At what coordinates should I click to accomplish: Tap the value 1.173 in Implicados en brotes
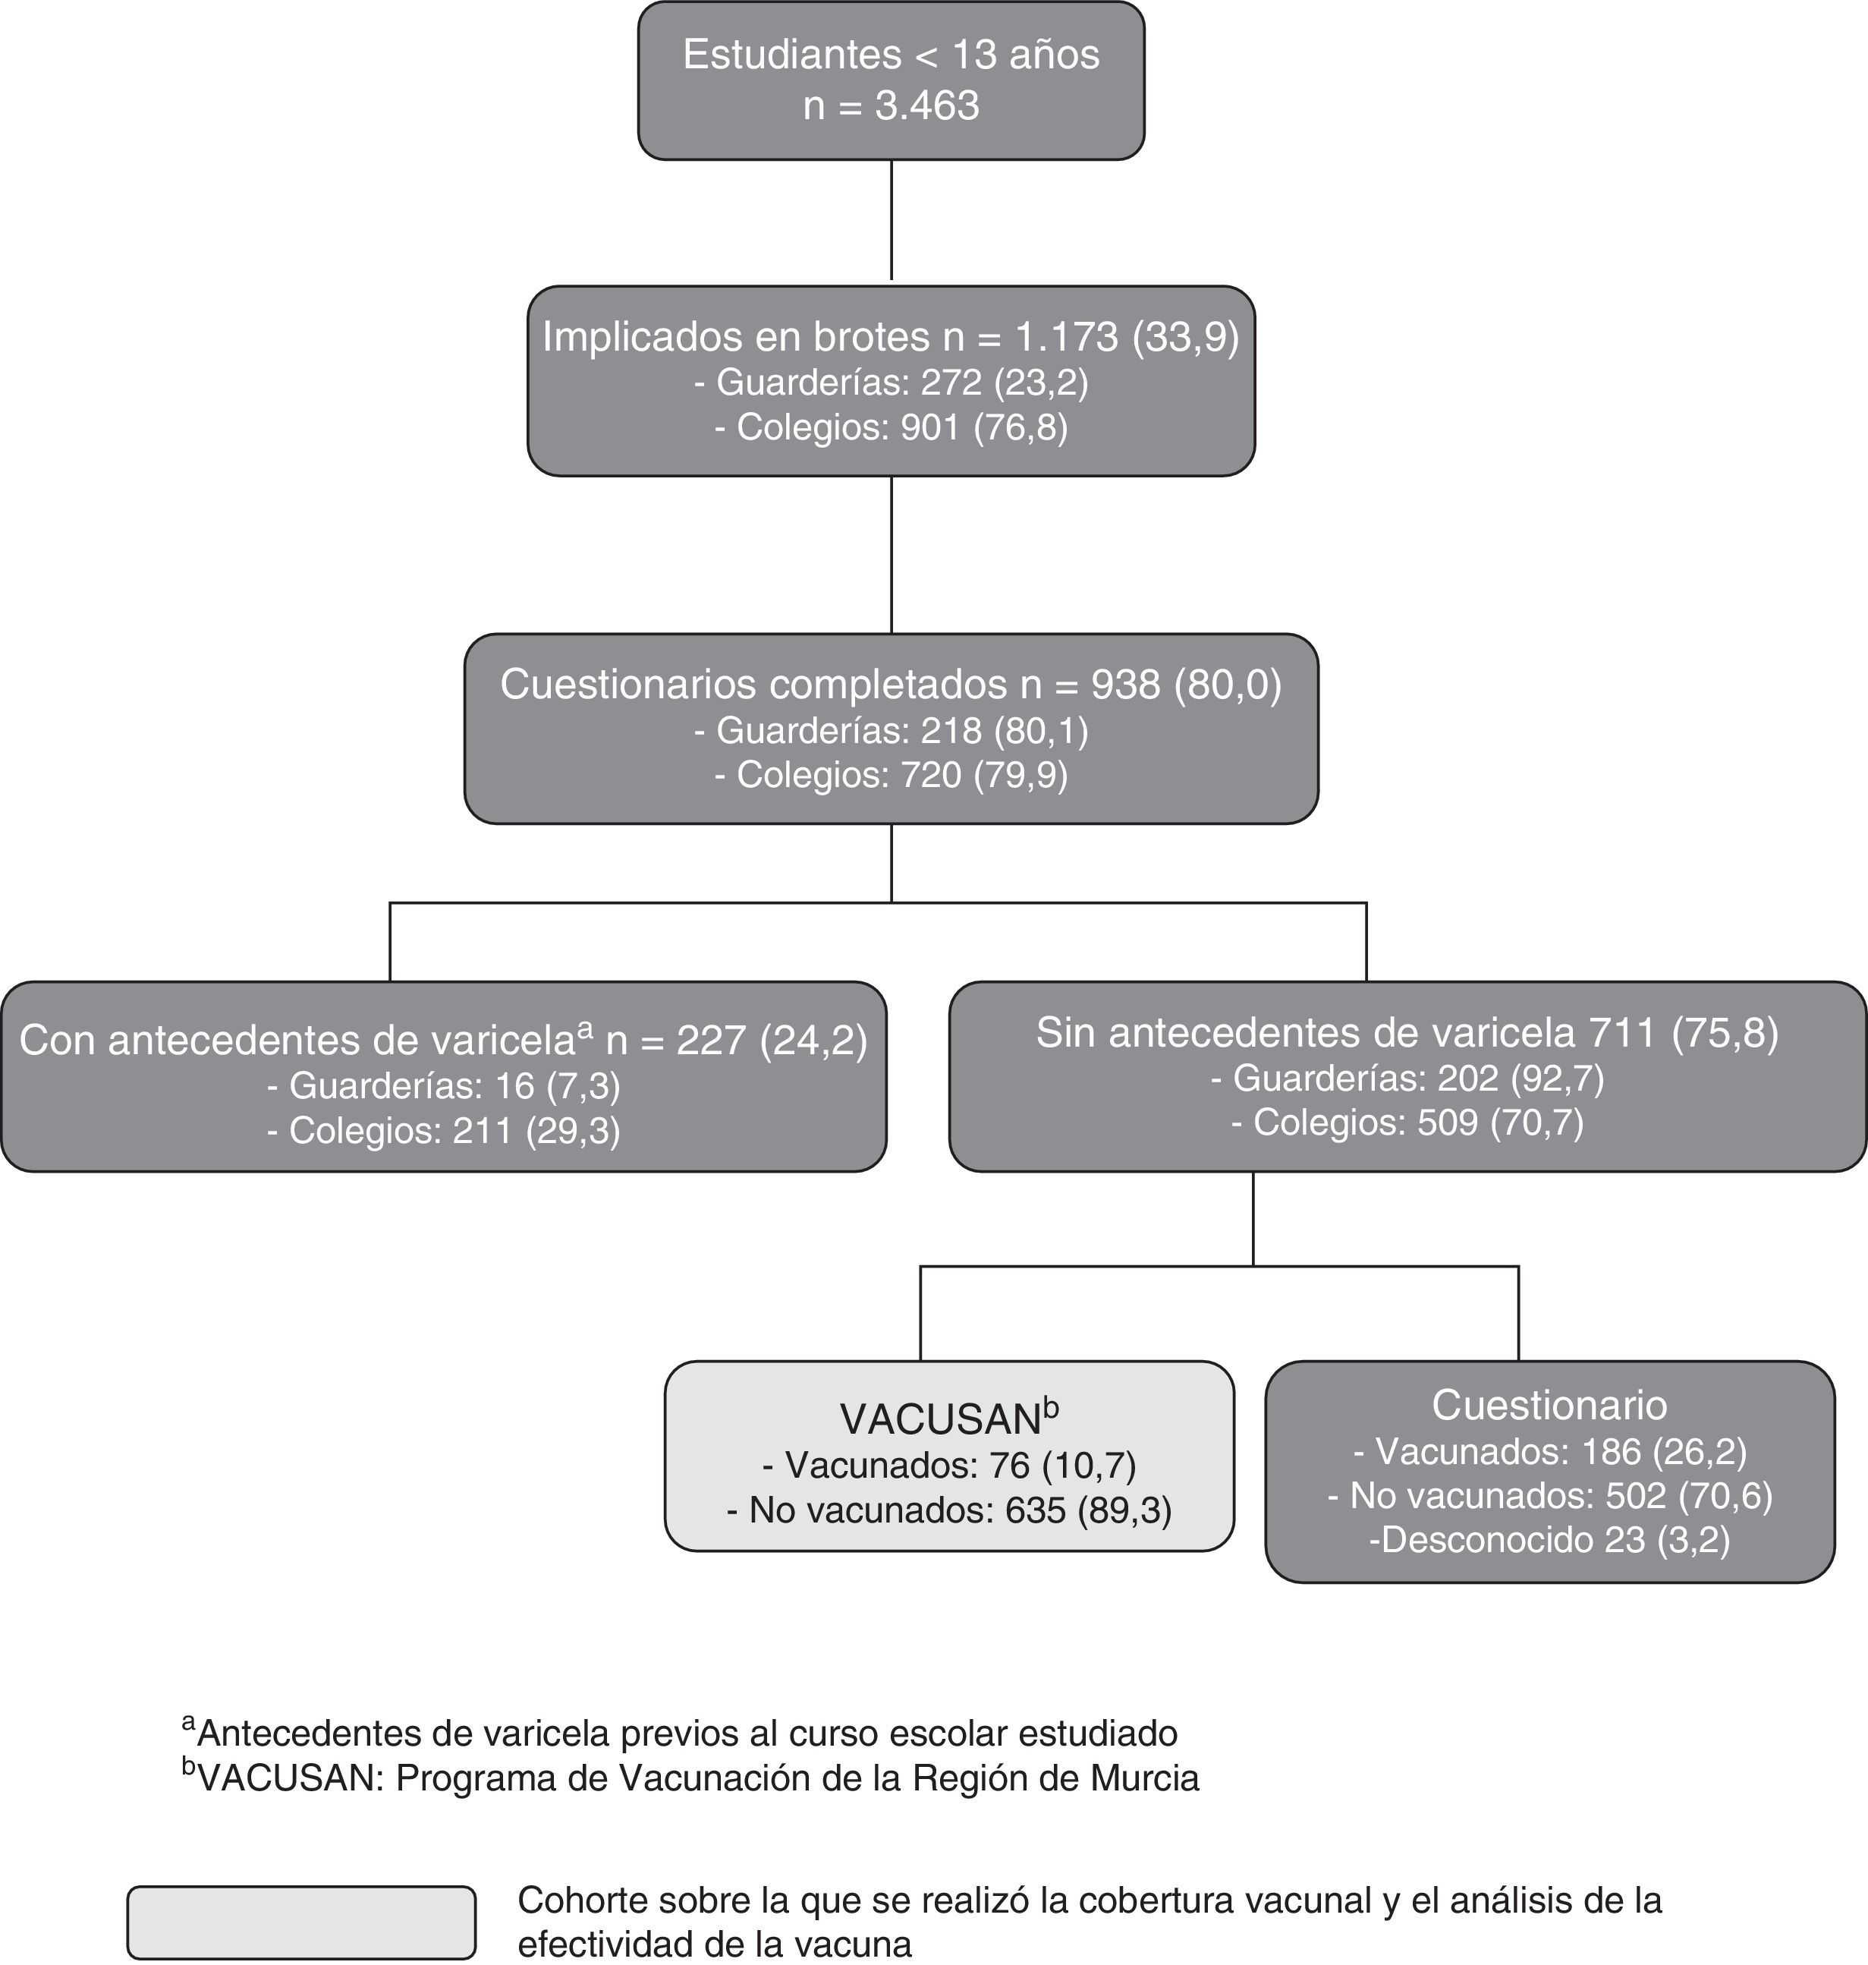1067,338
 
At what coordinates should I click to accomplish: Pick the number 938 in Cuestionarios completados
1125,684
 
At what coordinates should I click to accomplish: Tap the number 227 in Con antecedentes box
712,1040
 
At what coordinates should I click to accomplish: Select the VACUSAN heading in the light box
940,1419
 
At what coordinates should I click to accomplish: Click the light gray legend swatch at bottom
300,1922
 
